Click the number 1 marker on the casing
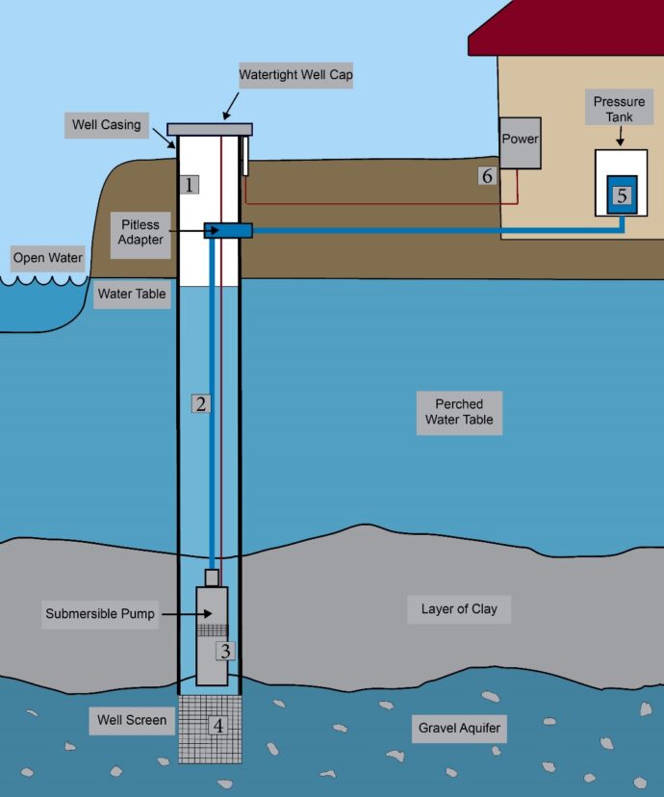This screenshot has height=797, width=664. [x=191, y=184]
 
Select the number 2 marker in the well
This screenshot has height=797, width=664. [x=200, y=403]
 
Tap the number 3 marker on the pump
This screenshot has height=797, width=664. [x=224, y=651]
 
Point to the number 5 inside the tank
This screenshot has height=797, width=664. [x=622, y=195]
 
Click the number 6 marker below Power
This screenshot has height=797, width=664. [x=487, y=176]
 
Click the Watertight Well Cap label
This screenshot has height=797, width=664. [x=295, y=74]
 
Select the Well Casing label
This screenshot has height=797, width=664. [x=106, y=124]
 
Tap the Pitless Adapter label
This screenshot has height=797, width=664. [x=140, y=232]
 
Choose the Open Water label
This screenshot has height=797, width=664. [x=47, y=258]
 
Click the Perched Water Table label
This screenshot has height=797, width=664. [x=459, y=412]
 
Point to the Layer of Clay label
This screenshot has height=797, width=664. [x=459, y=609]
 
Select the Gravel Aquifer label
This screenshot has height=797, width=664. [x=459, y=728]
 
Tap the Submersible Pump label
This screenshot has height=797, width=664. [x=100, y=613]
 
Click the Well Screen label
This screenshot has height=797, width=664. [x=132, y=720]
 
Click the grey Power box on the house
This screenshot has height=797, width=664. [x=520, y=141]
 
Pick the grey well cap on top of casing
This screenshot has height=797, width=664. [x=210, y=129]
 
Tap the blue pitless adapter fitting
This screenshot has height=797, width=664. [x=229, y=230]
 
